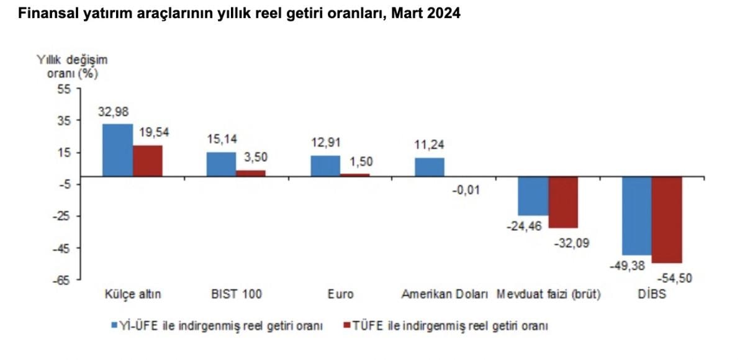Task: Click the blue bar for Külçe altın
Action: tap(117, 150)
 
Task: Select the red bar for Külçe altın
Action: tap(148, 161)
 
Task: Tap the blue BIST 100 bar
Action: tap(221, 164)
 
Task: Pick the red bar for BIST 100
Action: tap(251, 173)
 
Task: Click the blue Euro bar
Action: tap(325, 166)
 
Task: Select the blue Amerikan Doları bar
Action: tap(430, 168)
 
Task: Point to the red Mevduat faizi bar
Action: tap(563, 202)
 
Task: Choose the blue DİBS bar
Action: tap(637, 215)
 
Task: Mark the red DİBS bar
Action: tap(667, 220)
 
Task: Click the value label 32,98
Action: tap(114, 112)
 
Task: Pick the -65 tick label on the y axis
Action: tap(63, 281)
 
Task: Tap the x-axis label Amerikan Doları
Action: tap(445, 294)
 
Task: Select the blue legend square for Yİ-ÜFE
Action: tap(115, 325)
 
